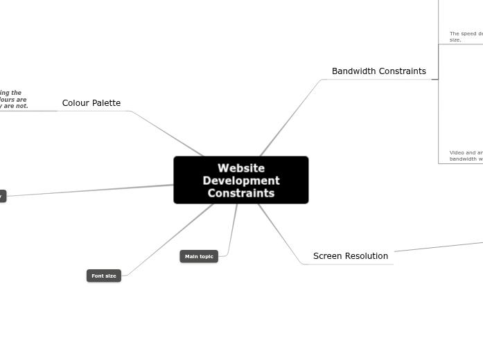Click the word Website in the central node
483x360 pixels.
click(240, 168)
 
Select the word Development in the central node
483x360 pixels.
click(240, 181)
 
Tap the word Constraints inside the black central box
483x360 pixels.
click(240, 193)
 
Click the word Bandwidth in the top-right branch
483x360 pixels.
click(352, 71)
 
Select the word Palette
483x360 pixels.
click(106, 103)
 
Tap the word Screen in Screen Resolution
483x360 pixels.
click(328, 256)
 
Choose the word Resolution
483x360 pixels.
click(367, 256)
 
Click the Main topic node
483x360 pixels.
click(199, 257)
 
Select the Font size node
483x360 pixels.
click(104, 276)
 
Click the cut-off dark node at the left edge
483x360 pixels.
click(2, 197)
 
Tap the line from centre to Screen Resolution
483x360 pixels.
click(281, 233)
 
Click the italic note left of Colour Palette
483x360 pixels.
click(14, 100)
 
